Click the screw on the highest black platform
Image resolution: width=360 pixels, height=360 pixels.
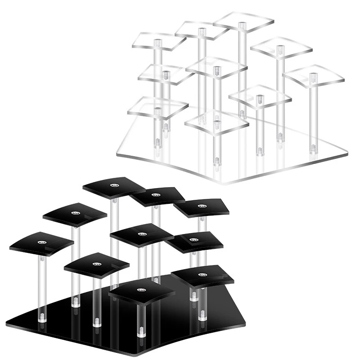[112, 185]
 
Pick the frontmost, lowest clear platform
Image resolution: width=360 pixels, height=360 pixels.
[217, 121]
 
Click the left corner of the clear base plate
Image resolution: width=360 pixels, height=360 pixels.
[118, 153]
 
